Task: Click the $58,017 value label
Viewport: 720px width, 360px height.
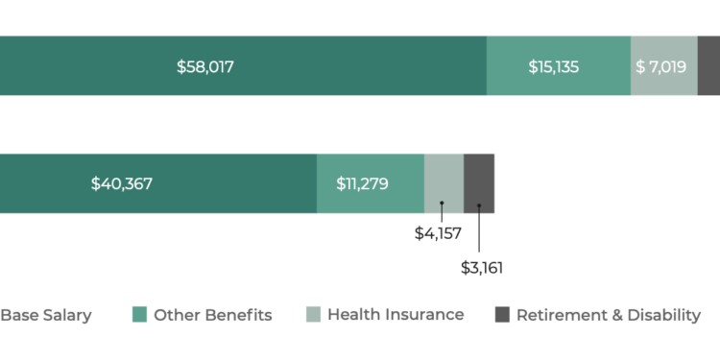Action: pyautogui.click(x=205, y=67)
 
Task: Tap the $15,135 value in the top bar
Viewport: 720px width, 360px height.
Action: pyautogui.click(x=554, y=67)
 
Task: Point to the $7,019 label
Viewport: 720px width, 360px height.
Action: pyautogui.click(x=662, y=67)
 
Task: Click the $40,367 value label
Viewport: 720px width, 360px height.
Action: pyautogui.click(x=122, y=183)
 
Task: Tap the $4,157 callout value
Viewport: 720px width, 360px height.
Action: pyautogui.click(x=437, y=233)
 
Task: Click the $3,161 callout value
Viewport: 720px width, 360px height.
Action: pyautogui.click(x=482, y=267)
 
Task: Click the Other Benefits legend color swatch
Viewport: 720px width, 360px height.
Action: pyautogui.click(x=139, y=315)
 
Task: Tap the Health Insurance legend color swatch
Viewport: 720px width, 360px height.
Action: pyautogui.click(x=313, y=315)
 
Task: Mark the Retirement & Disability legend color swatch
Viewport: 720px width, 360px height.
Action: pyautogui.click(x=502, y=315)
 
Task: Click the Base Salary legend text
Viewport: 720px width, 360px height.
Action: pyautogui.click(x=46, y=315)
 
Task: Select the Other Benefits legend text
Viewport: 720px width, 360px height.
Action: pyautogui.click(x=213, y=315)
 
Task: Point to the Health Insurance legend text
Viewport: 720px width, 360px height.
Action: pyautogui.click(x=396, y=315)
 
